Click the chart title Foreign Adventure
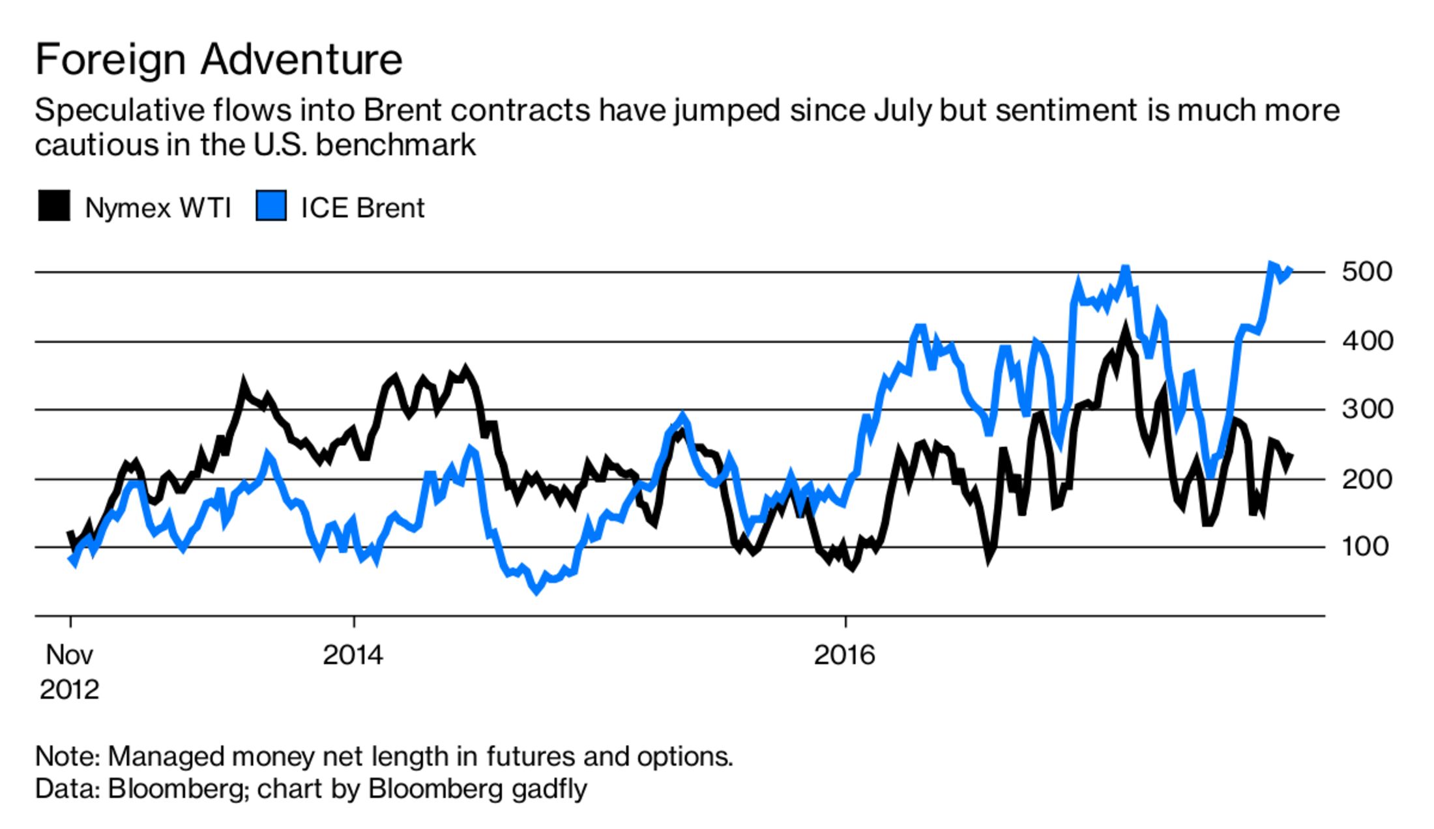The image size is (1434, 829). click(218, 60)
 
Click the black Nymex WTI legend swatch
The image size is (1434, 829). click(54, 206)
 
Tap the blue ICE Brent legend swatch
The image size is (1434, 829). click(271, 206)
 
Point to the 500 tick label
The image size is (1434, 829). click(1367, 272)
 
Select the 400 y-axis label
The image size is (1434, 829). click(1367, 341)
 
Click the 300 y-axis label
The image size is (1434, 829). click(1367, 410)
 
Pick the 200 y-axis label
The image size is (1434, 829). click(1367, 479)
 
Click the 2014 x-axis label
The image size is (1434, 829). click(353, 654)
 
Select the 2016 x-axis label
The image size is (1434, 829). click(844, 654)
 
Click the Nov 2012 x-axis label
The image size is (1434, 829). click(69, 671)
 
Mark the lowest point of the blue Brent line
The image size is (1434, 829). click(536, 590)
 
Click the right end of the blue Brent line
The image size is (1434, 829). click(1291, 270)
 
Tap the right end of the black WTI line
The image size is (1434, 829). click(1291, 456)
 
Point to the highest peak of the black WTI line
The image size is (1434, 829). click(1124, 327)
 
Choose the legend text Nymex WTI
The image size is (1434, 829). click(158, 209)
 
